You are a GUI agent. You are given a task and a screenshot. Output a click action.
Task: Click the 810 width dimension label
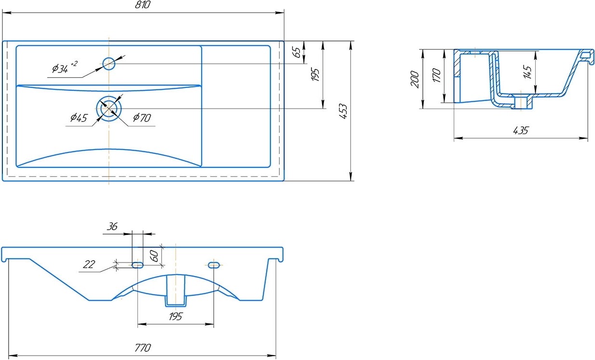coord(143,4)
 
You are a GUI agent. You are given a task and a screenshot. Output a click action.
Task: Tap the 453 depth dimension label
coord(343,111)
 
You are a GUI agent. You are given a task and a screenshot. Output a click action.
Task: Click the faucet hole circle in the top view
coord(108,64)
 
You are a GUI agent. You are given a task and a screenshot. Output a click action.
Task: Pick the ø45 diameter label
coord(79,118)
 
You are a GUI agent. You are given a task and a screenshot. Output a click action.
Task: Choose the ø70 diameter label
coord(142,117)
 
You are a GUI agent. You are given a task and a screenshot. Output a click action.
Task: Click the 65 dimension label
coord(297,52)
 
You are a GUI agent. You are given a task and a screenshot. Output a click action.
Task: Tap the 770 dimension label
coord(143,347)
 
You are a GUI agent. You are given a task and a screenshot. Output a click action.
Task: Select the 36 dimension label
coord(112,226)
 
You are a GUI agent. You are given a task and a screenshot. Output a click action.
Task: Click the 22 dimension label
coord(89,264)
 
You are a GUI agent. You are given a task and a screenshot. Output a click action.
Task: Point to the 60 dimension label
coord(154,256)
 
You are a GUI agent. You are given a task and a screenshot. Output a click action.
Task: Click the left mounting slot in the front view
coord(137,265)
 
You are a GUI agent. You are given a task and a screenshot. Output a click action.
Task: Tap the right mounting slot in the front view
coord(214,265)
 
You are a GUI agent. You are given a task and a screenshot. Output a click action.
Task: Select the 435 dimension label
coord(521,130)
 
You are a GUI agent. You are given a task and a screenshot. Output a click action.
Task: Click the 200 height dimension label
coord(415,79)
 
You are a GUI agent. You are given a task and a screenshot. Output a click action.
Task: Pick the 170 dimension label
coord(436,75)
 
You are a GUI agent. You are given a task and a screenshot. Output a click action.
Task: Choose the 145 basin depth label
coord(527,72)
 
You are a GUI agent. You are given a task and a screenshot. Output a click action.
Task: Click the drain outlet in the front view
coord(176,291)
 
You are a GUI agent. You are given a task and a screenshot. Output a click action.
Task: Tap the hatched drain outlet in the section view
coord(523,102)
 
